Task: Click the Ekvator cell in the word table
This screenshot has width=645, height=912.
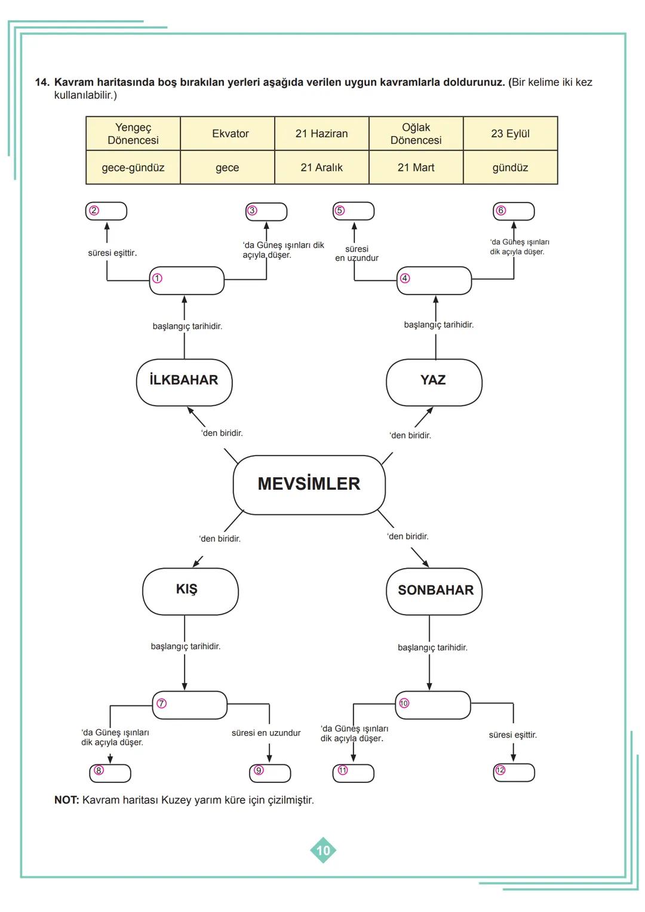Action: pyautogui.click(x=230, y=134)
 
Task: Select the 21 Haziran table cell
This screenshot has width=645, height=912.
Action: pyautogui.click(x=321, y=134)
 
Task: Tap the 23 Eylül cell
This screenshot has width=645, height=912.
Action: pyautogui.click(x=510, y=134)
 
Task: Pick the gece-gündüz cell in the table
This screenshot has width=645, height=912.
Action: pyautogui.click(x=133, y=168)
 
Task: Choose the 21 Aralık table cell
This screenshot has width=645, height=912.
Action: pyautogui.click(x=321, y=168)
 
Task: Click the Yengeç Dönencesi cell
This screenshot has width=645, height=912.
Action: pyautogui.click(x=133, y=134)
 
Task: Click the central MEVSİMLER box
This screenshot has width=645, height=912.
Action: pyautogui.click(x=309, y=484)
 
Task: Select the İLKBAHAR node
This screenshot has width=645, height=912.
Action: pyautogui.click(x=184, y=381)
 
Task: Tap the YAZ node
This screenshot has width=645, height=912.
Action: pyautogui.click(x=434, y=381)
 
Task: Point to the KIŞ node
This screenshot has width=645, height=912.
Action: pyautogui.click(x=190, y=590)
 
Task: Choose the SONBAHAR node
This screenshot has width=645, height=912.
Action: pyautogui.click(x=435, y=590)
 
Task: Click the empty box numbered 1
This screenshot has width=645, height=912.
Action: pyautogui.click(x=186, y=280)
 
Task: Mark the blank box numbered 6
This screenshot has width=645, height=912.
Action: pyautogui.click(x=514, y=211)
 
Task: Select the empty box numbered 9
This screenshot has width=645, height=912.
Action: pyautogui.click(x=270, y=773)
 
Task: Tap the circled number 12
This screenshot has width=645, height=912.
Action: pyautogui.click(x=500, y=770)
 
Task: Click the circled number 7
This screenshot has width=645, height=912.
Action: pyautogui.click(x=161, y=704)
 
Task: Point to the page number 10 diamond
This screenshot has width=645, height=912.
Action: pyautogui.click(x=323, y=850)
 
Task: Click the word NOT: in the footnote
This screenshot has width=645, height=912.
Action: pyautogui.click(x=66, y=800)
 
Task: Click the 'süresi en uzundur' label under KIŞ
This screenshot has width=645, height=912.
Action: pyautogui.click(x=266, y=733)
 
